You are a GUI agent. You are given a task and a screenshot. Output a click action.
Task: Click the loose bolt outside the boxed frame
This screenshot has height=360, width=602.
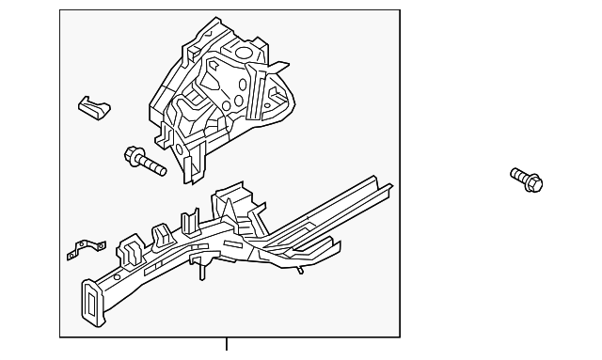(x=528, y=179)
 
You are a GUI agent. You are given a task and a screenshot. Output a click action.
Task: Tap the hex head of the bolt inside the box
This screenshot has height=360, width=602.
(x=131, y=156)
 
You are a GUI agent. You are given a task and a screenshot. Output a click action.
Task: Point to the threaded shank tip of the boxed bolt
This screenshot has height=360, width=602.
(x=161, y=172)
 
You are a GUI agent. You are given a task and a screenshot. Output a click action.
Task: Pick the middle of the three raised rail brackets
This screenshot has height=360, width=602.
(x=159, y=234)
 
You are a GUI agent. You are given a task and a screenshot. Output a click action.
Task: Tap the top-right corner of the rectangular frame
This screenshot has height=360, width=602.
(x=400, y=10)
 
